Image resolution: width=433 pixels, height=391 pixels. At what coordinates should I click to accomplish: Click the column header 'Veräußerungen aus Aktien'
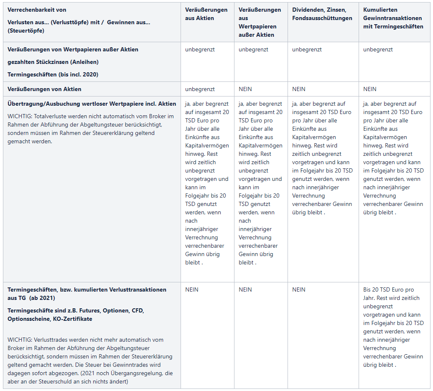pos(206,14)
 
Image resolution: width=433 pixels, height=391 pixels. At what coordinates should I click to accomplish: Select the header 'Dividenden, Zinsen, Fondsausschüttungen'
pos(322,14)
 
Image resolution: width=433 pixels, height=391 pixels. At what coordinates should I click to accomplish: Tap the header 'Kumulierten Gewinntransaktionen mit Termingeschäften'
pos(393,18)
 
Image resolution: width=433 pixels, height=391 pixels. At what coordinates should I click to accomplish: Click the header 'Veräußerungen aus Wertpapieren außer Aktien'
pos(260,22)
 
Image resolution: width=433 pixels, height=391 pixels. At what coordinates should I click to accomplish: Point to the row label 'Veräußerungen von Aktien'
pos(44,89)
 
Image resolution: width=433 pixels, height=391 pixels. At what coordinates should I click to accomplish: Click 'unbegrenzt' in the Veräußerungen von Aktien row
pos(200,89)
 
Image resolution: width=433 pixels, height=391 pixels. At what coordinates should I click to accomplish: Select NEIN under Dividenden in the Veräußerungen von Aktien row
pos(298,89)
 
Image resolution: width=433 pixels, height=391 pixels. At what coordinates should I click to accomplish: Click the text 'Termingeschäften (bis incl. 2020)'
pos(53,74)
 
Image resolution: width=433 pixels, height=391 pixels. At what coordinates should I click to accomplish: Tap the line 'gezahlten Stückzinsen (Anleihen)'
pos(53,62)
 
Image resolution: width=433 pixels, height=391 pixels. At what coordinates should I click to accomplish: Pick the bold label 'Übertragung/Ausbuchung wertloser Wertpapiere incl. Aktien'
pos(92,104)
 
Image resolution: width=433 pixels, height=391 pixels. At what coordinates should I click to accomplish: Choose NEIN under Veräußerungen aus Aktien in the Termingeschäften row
pos(192,289)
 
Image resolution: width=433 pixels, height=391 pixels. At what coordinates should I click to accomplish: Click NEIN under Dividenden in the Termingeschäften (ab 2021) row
pos(298,289)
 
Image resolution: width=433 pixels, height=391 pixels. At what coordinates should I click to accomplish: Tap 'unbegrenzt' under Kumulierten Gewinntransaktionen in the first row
pos(378,49)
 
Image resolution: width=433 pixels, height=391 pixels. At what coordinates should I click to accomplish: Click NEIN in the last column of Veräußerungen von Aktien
pos(369,89)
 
